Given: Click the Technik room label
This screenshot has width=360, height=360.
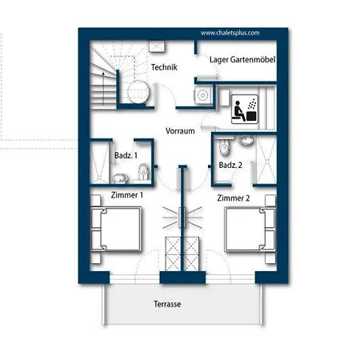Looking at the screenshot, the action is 164,67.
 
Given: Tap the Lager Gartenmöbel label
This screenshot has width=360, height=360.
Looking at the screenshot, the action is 242,60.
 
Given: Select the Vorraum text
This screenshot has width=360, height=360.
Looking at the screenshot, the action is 180,131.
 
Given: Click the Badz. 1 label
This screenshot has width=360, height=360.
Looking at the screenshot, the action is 126,155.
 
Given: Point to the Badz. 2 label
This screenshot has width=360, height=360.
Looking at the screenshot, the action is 230,165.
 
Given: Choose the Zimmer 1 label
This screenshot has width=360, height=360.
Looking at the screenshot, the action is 127,195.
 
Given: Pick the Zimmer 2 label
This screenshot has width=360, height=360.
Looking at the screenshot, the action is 234,198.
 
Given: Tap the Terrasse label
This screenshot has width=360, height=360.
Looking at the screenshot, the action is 167,304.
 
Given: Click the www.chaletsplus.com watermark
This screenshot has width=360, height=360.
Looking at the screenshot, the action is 230,33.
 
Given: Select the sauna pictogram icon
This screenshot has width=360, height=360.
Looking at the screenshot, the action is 245,109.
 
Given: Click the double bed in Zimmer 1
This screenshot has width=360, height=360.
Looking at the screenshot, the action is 116,230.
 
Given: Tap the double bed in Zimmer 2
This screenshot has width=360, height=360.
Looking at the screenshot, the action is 250,230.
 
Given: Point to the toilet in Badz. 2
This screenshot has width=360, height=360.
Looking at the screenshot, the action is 224,148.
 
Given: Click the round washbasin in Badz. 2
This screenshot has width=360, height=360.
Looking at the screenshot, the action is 246,141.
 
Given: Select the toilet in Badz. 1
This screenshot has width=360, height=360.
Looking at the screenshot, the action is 143,171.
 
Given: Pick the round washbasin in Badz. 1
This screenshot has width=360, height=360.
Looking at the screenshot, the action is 120,178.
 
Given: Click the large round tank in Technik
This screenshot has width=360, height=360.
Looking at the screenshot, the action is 138,92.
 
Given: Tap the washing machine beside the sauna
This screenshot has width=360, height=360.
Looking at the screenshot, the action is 203,94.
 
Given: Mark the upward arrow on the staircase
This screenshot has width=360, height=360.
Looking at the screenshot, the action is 103,88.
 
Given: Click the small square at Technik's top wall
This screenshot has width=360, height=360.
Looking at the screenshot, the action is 157,46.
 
